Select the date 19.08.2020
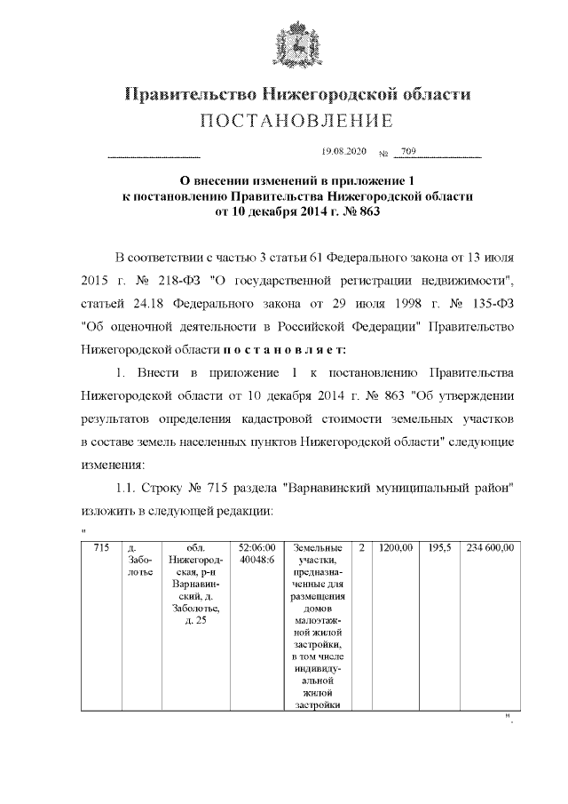[343, 153]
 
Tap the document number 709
[408, 153]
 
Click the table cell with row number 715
[101, 548]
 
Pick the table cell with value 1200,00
[395, 548]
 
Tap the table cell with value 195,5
[439, 548]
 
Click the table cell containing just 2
[362, 548]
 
